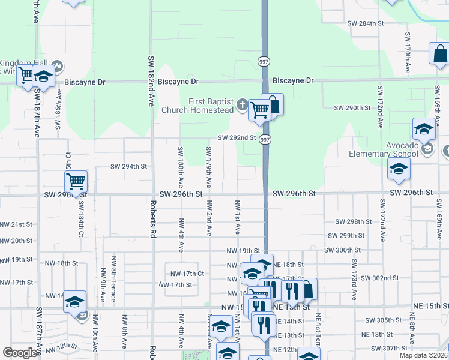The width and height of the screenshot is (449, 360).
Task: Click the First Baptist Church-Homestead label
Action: tap(201, 105)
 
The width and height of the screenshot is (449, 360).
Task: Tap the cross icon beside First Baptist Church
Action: tap(242, 106)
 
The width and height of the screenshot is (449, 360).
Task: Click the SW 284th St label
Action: tap(366, 23)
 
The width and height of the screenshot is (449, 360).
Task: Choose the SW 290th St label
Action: tap(352, 107)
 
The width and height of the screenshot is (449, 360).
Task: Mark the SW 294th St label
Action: tap(129, 167)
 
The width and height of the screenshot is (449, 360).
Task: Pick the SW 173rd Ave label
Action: tap(355, 276)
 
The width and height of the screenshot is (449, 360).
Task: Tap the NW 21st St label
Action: tap(16, 224)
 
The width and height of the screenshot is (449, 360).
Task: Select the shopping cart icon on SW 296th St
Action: tap(76, 181)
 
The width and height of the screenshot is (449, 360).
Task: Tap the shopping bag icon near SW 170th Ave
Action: tap(439, 54)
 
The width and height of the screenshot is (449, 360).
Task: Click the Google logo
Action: tap(20, 353)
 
